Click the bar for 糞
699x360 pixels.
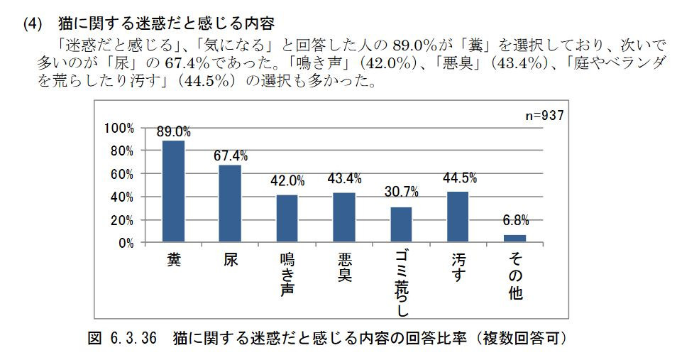point(173,192)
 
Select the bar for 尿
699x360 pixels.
point(230,204)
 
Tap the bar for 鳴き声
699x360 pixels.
point(287,219)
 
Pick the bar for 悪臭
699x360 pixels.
point(344,218)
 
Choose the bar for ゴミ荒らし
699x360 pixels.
point(401,225)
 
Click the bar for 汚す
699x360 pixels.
point(458,217)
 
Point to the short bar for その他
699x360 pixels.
point(515,239)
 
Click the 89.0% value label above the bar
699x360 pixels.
point(173,132)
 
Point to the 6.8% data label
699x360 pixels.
point(515,220)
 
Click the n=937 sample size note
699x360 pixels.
point(544,114)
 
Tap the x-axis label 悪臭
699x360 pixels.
point(344,268)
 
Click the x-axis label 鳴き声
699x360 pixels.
point(287,276)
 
